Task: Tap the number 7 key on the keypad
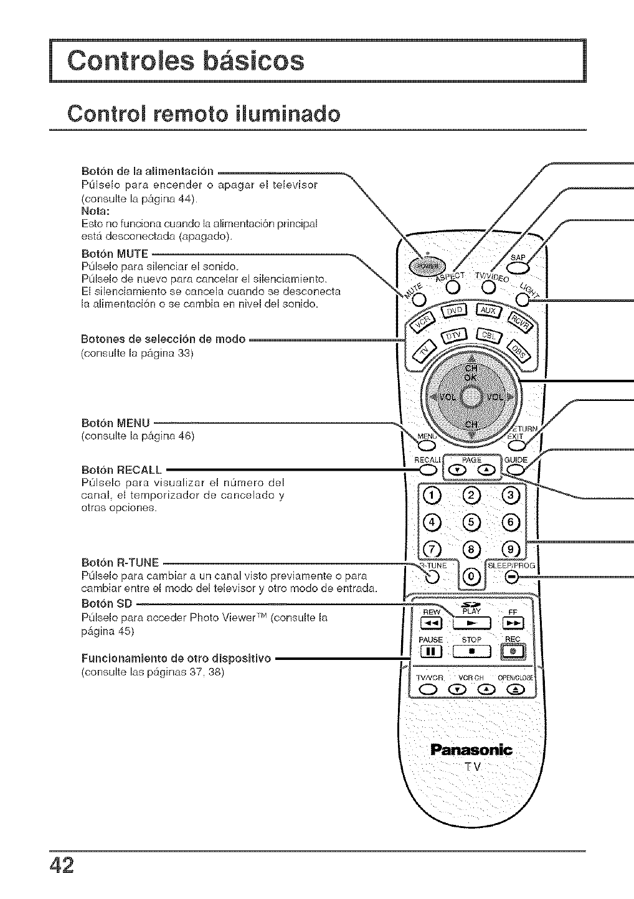tap(431, 549)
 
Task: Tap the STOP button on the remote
tap(473, 652)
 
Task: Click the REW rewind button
tap(430, 624)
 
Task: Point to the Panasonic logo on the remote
tap(471, 750)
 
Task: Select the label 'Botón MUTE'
tap(115, 253)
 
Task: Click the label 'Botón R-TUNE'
tap(120, 562)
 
